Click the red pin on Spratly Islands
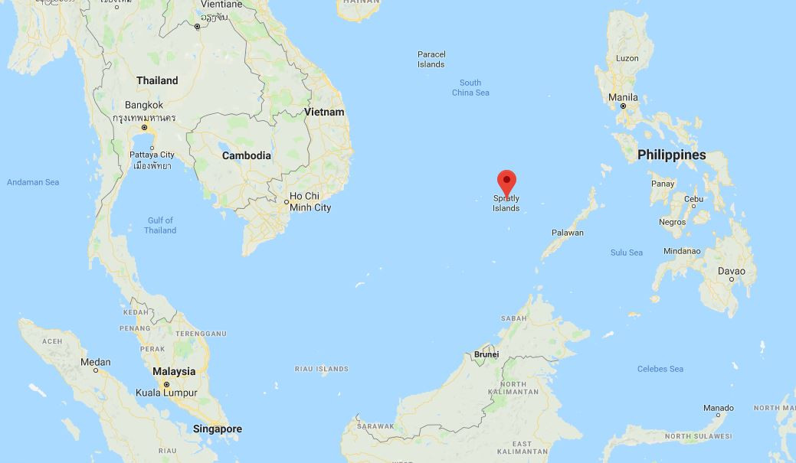click(x=506, y=181)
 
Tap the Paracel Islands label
click(x=431, y=59)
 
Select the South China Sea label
click(x=470, y=87)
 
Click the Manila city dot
click(x=623, y=106)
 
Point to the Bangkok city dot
click(x=144, y=127)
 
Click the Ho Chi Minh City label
click(x=310, y=202)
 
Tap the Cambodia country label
click(x=246, y=155)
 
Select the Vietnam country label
click(x=324, y=112)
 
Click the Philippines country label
click(x=671, y=155)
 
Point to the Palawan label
click(x=567, y=233)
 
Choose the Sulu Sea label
click(x=626, y=253)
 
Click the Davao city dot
click(x=732, y=279)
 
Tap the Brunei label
click(x=486, y=354)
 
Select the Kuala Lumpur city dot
click(x=165, y=383)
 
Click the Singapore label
click(x=218, y=429)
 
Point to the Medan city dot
click(x=96, y=370)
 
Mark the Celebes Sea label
click(x=660, y=369)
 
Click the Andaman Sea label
click(x=33, y=182)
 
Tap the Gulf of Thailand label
click(x=160, y=225)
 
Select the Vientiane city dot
click(x=197, y=27)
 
